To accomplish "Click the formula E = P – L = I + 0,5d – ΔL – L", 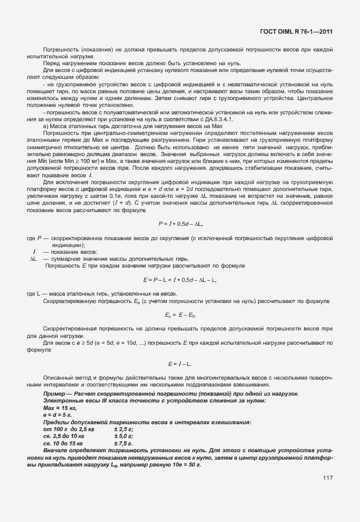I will pos(179,280).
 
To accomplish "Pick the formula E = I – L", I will pos(179,364).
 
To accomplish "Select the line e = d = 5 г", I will pos(58,416).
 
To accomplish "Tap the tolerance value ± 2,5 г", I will pos(123,428).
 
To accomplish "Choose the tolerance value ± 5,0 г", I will pos(123,435).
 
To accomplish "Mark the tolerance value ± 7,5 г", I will pos(123,441).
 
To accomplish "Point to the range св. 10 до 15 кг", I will pos(63,441).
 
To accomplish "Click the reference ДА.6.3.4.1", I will pos(231,119).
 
